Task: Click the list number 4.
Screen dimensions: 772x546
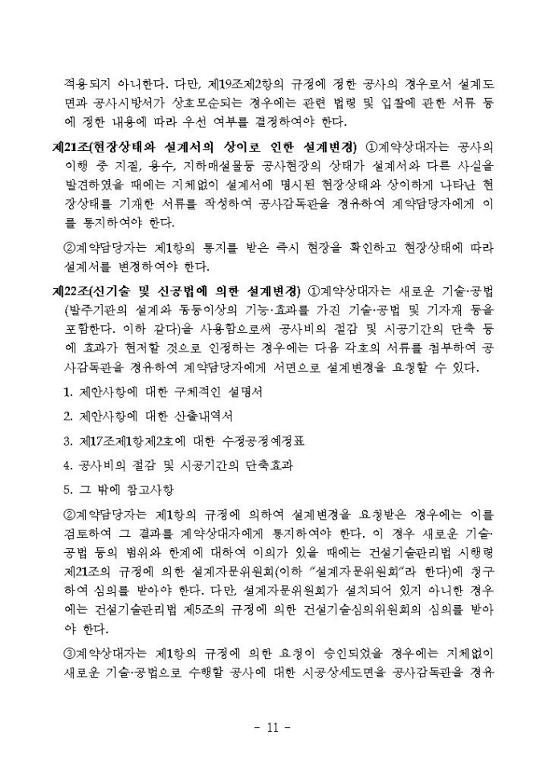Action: (67, 465)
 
